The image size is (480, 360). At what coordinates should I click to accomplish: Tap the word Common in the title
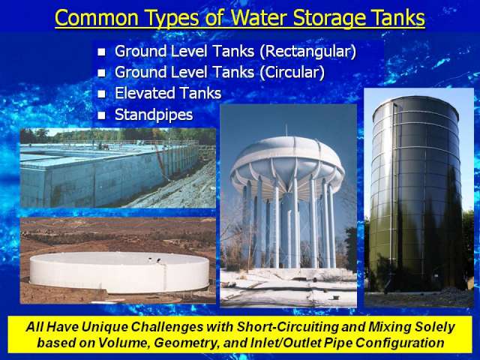click(x=97, y=18)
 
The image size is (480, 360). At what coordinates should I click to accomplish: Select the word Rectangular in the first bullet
click(x=308, y=51)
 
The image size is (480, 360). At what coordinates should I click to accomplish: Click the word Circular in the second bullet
click(x=292, y=73)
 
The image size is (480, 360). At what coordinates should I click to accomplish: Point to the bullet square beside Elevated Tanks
click(x=101, y=94)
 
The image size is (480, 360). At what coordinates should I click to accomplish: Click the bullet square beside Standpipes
click(x=101, y=115)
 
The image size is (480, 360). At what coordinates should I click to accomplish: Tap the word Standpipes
click(x=154, y=115)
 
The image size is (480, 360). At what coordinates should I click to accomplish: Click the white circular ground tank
click(x=119, y=272)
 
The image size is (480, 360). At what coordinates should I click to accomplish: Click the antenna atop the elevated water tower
click(x=286, y=130)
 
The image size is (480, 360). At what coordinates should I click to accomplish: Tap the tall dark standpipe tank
click(x=415, y=193)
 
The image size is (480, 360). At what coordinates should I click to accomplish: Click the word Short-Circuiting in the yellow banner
click(x=287, y=327)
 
